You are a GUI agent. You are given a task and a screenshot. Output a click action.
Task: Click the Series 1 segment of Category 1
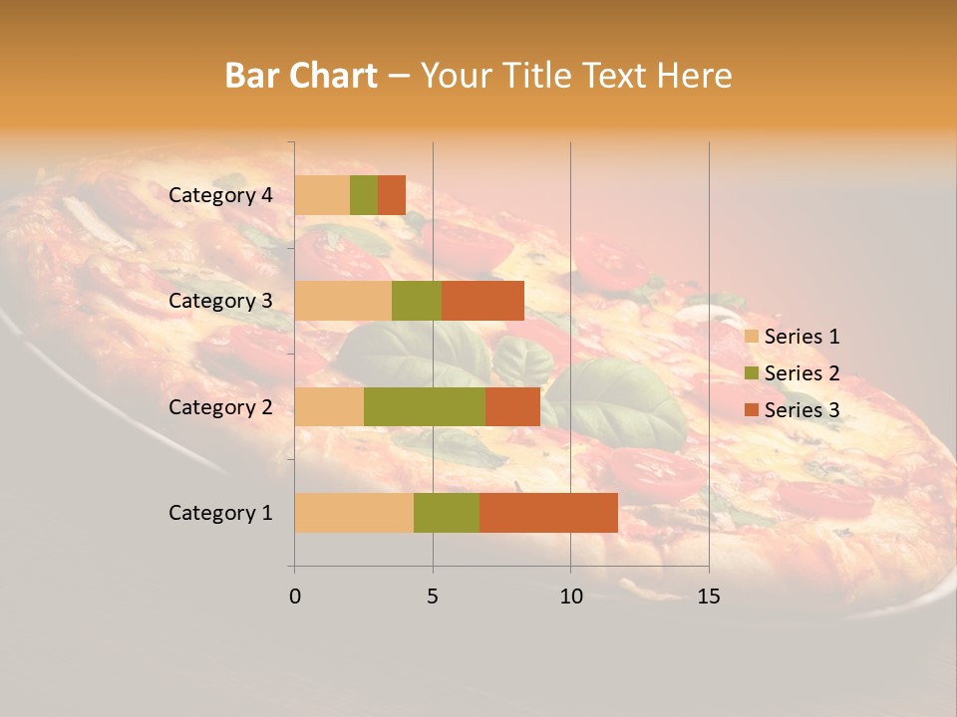pyautogui.click(x=354, y=513)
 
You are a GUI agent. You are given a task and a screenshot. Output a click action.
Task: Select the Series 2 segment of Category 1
pyautogui.click(x=447, y=513)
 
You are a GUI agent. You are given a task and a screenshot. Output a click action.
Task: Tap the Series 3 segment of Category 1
pyautogui.click(x=548, y=513)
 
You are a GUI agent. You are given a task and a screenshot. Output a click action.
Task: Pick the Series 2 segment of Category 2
pyautogui.click(x=425, y=406)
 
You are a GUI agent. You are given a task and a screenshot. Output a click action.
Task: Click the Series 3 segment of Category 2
pyautogui.click(x=512, y=406)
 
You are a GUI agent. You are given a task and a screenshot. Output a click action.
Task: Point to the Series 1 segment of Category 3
pyautogui.click(x=343, y=301)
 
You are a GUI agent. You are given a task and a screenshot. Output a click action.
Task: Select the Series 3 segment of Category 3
pyautogui.click(x=482, y=301)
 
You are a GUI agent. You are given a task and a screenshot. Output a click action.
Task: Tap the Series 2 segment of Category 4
pyautogui.click(x=364, y=195)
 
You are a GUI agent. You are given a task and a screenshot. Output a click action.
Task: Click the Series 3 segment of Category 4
pyautogui.click(x=392, y=195)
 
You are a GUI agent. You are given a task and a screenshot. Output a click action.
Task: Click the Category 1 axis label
pyautogui.click(x=220, y=513)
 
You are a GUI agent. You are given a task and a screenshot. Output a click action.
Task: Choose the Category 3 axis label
pyautogui.click(x=220, y=301)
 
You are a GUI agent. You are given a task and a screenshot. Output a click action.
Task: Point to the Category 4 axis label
pyautogui.click(x=220, y=195)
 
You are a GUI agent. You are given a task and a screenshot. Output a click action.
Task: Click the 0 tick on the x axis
pyautogui.click(x=295, y=597)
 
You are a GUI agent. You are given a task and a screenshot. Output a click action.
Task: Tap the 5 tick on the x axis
pyautogui.click(x=433, y=597)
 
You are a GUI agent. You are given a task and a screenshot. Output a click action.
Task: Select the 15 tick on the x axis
pyautogui.click(x=708, y=597)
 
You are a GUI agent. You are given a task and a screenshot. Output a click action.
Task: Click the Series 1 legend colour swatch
pyautogui.click(x=751, y=337)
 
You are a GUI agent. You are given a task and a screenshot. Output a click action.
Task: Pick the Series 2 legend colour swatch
pyautogui.click(x=751, y=373)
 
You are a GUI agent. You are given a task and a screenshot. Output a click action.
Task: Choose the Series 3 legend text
pyautogui.click(x=801, y=410)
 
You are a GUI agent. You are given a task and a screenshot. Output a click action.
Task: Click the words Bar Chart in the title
pyautogui.click(x=301, y=76)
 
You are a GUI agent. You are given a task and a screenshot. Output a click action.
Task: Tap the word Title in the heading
pyautogui.click(x=536, y=76)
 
